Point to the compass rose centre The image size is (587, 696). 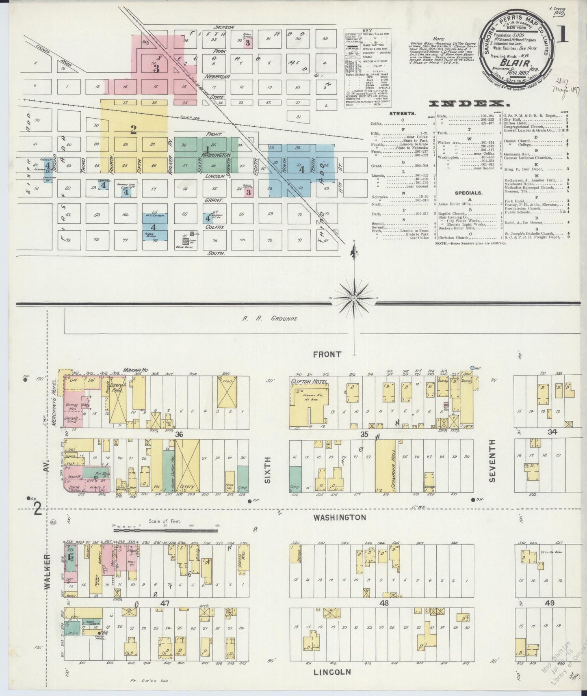click(x=354, y=298)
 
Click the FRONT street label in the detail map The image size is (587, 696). click(x=327, y=354)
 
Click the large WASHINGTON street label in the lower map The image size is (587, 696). click(x=340, y=517)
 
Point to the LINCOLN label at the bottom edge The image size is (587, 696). click(x=332, y=672)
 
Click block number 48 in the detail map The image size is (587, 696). click(x=383, y=603)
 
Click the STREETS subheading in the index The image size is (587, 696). click(x=402, y=114)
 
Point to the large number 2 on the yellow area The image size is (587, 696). click(x=133, y=130)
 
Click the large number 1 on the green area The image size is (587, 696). click(x=208, y=149)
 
